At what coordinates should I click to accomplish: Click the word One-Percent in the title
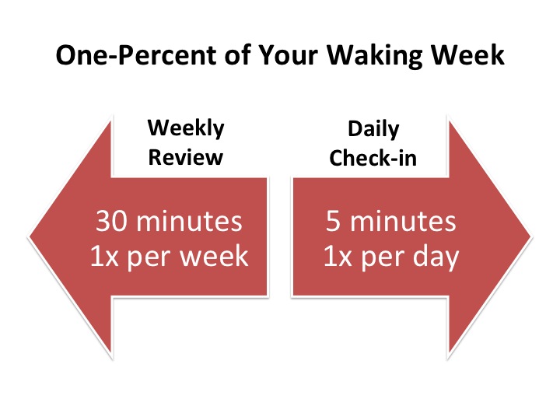[x=136, y=55]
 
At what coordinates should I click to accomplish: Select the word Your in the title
[x=288, y=55]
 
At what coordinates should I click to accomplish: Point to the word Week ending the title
[x=467, y=55]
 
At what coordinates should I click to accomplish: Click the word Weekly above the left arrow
[x=186, y=128]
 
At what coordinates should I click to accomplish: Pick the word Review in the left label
[x=186, y=157]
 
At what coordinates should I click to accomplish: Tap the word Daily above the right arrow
[x=373, y=130]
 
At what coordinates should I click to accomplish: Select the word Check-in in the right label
[x=373, y=158]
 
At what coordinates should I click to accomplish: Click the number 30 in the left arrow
[x=111, y=221]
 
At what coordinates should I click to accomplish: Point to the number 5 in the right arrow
[x=333, y=221]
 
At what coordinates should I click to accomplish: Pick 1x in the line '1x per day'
[x=338, y=256]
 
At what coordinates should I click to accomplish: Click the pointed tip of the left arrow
[x=29, y=236]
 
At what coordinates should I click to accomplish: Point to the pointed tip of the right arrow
[x=532, y=236]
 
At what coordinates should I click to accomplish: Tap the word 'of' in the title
[x=237, y=55]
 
